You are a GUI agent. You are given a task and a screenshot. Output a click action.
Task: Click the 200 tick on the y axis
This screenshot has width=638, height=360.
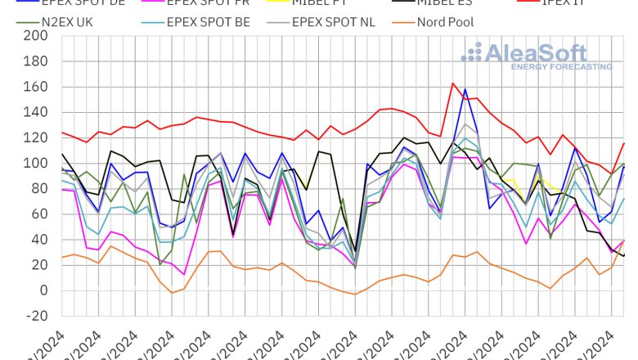[36, 36]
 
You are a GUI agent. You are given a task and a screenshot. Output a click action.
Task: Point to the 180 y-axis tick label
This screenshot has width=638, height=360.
[36, 61]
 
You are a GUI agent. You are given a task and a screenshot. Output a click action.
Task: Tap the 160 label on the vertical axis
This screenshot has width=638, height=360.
[36, 87]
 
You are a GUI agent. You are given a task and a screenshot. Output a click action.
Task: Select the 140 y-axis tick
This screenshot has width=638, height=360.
[36, 112]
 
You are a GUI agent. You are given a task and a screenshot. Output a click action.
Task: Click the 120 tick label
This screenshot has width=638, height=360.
[36, 137]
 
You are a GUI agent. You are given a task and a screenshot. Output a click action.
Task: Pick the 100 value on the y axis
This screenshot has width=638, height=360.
[36, 164]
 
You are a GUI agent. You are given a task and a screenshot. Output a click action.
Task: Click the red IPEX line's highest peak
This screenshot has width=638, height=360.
[453, 83]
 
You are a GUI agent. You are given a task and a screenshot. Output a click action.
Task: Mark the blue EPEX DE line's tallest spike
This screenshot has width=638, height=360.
[465, 89]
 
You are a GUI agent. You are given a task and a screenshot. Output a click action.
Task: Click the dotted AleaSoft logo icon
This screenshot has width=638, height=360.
[472, 52]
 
